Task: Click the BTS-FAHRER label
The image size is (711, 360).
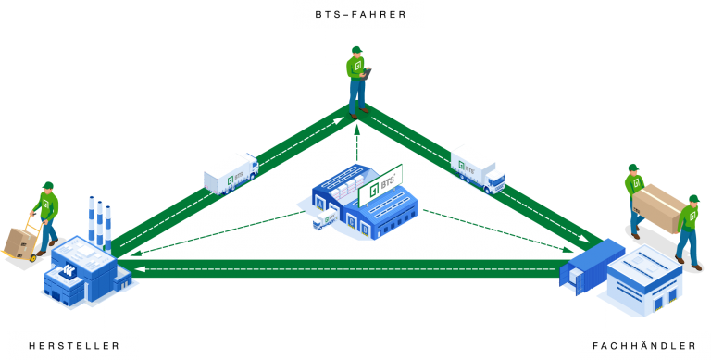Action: point(358,14)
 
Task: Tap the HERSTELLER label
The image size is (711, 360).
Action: point(74,345)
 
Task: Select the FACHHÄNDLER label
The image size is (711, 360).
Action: point(644,345)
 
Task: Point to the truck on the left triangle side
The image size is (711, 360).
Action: point(230,173)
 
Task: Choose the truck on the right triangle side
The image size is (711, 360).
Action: point(478,168)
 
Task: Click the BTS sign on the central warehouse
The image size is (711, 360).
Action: point(380,184)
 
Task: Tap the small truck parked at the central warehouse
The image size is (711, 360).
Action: point(325,219)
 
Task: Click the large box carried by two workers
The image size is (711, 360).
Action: point(658,209)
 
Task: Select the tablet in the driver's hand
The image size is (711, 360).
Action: point(368,69)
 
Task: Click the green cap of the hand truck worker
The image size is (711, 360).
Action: point(47,185)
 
